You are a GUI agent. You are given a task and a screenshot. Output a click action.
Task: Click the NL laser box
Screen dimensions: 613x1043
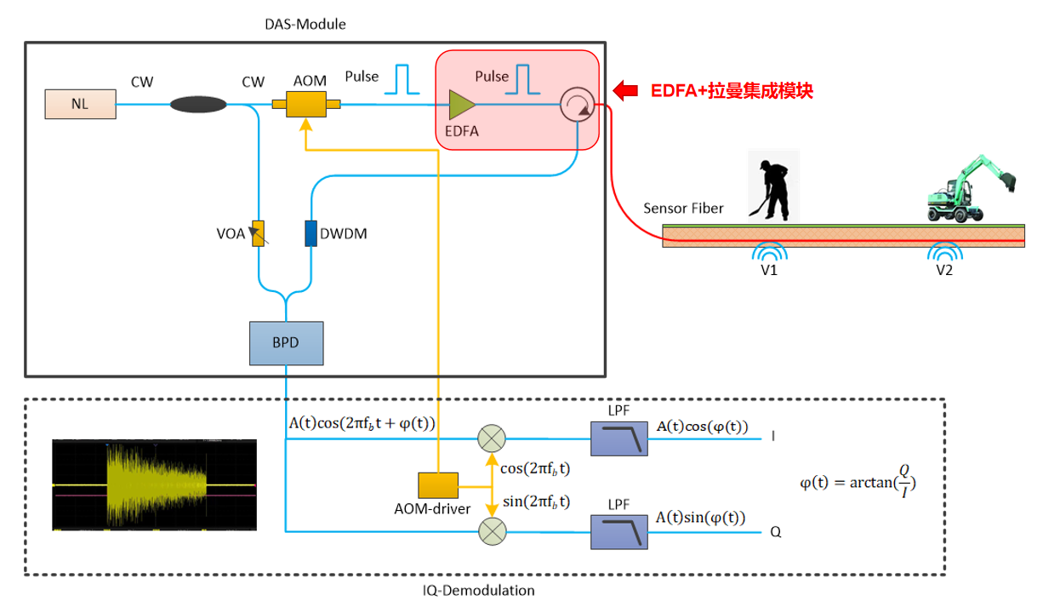pyautogui.click(x=79, y=105)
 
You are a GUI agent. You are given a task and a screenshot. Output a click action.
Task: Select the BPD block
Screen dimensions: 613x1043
pyautogui.click(x=287, y=343)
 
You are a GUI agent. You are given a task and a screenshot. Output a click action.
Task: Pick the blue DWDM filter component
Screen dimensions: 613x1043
pyautogui.click(x=311, y=232)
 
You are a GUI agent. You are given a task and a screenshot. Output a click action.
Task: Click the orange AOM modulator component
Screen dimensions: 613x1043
pyautogui.click(x=306, y=105)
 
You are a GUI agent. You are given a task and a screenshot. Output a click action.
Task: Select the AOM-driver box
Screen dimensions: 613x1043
pyautogui.click(x=438, y=485)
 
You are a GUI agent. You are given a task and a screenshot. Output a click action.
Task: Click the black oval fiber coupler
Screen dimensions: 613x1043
pyautogui.click(x=198, y=105)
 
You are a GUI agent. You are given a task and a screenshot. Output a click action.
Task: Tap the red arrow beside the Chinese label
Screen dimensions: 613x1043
pyautogui.click(x=627, y=89)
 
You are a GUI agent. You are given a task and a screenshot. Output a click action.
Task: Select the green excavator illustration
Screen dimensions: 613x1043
pyautogui.click(x=971, y=189)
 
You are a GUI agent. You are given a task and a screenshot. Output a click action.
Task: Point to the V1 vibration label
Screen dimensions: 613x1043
pyautogui.click(x=770, y=270)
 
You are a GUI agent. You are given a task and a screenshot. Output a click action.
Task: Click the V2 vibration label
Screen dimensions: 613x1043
pyautogui.click(x=945, y=270)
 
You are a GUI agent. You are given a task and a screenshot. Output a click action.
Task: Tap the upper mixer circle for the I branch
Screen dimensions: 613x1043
pyautogui.click(x=492, y=438)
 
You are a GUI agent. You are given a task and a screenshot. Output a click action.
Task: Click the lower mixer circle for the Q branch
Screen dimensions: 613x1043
pyautogui.click(x=492, y=531)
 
